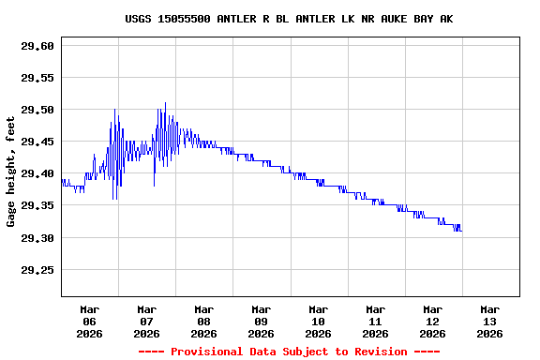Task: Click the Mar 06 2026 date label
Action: (90, 321)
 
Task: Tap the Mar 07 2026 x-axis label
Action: (147, 321)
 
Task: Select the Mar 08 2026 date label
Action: (204, 321)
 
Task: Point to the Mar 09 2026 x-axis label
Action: (262, 321)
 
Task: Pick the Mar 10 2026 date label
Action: (319, 321)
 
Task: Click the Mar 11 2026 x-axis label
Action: (376, 321)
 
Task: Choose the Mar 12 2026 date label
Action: (433, 321)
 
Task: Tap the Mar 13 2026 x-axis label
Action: (490, 321)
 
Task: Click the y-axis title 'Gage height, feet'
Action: (11, 172)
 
